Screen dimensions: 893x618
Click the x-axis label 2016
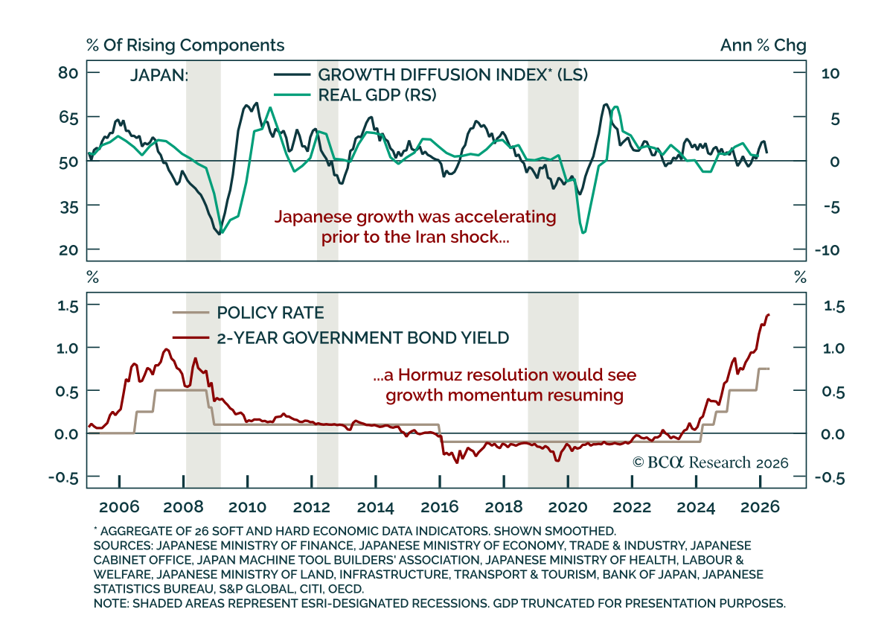coord(439,507)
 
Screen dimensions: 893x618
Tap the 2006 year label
coord(119,507)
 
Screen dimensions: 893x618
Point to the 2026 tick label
coord(760,507)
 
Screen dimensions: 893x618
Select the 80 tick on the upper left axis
coord(68,73)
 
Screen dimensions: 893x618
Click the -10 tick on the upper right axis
coord(827,250)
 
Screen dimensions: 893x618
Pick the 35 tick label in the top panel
coord(69,207)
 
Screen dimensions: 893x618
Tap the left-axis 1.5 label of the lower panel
coord(68,306)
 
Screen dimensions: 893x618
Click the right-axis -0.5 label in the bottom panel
coord(829,477)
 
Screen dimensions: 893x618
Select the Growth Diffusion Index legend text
coord(453,74)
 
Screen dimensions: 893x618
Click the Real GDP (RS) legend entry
coord(377,95)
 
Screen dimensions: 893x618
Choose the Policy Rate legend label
coord(270,313)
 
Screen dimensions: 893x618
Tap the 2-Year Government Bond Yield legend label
coord(363,337)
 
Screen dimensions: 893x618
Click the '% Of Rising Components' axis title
coord(185,45)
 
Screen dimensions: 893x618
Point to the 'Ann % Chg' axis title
coord(763,45)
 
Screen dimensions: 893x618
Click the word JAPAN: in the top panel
coord(159,75)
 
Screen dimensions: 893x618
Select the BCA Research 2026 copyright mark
coord(711,462)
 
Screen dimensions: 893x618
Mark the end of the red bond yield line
coord(769,315)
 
